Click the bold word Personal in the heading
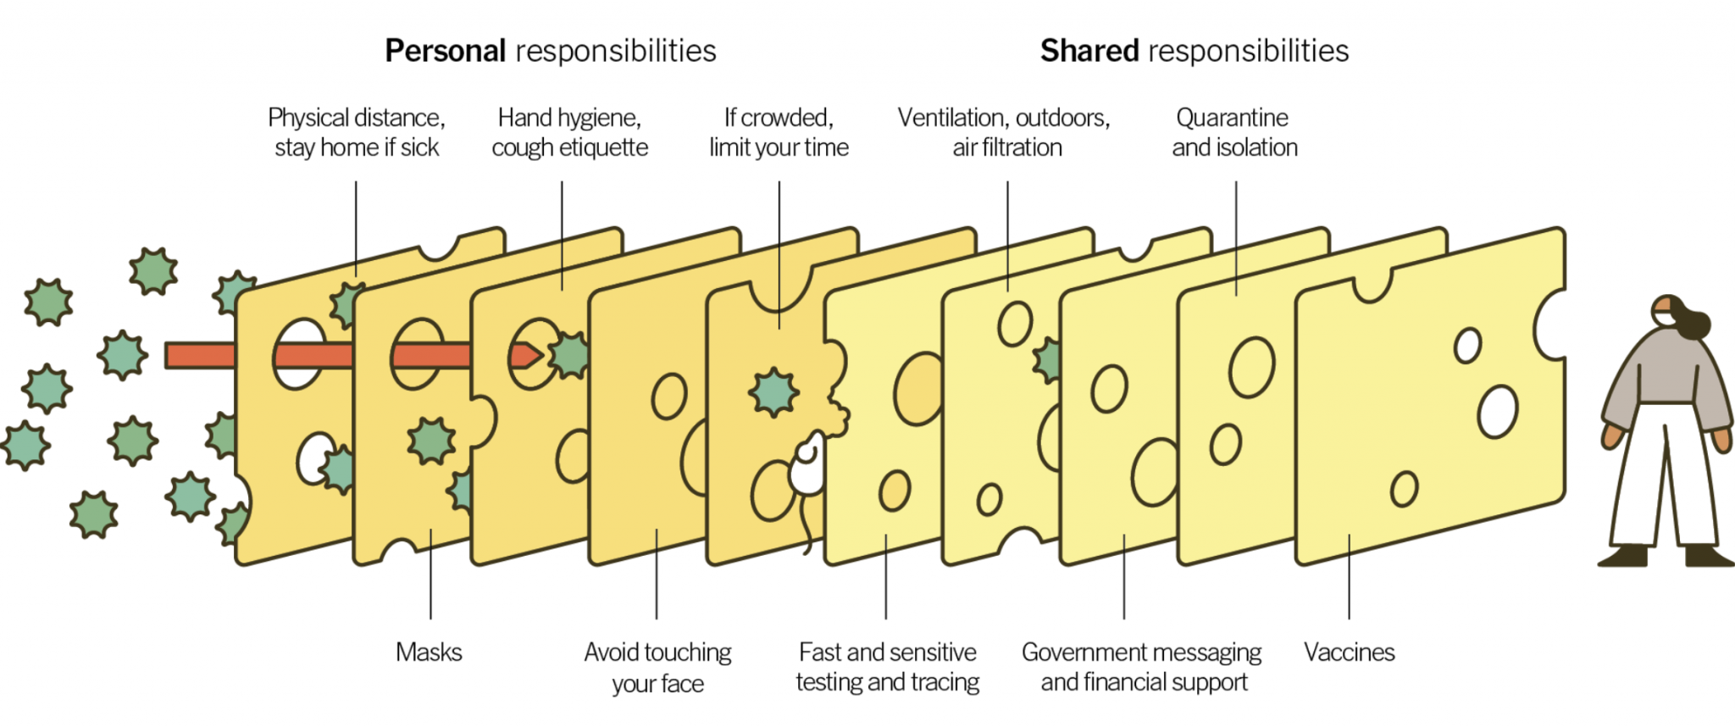point(446,51)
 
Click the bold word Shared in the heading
point(1089,51)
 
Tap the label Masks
point(430,652)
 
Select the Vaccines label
point(1350,652)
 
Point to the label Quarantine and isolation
point(1234,132)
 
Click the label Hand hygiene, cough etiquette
point(569,132)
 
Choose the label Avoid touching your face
point(658,668)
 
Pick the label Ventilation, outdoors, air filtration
point(1005,132)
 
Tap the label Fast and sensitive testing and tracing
point(888,667)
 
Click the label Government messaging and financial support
point(1142,667)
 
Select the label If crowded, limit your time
point(779,132)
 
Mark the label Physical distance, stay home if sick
point(357,132)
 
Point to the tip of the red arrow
point(542,356)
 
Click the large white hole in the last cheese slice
point(1498,412)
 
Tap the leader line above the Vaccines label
point(1350,576)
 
